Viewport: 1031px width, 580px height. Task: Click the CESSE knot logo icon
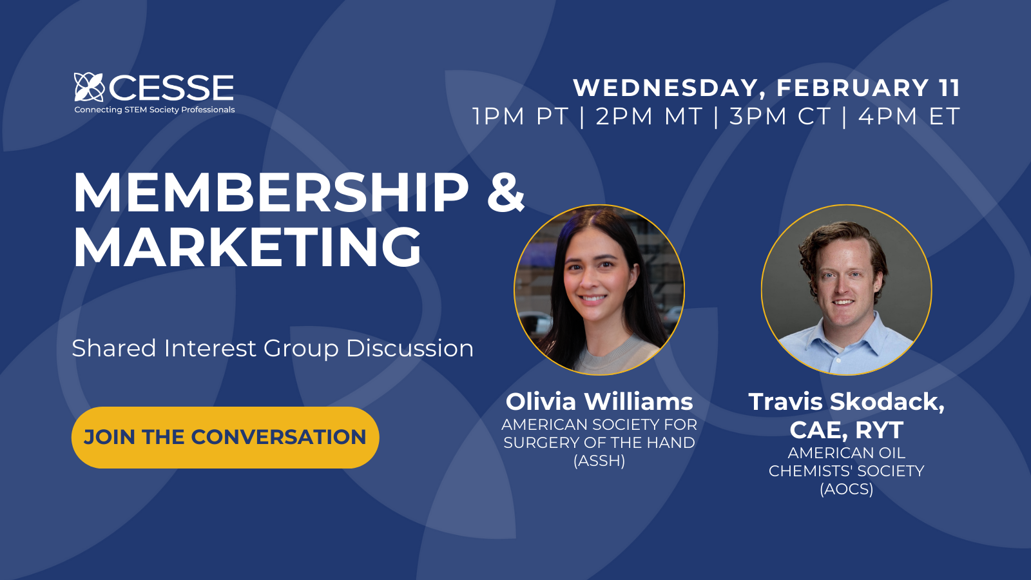pyautogui.click(x=89, y=87)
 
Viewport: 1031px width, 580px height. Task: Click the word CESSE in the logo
pyautogui.click(x=171, y=88)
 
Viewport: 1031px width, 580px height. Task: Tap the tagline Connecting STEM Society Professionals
pyautogui.click(x=155, y=110)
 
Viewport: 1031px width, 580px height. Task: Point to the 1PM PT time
pyautogui.click(x=521, y=117)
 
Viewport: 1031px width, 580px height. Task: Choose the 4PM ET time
pyautogui.click(x=909, y=117)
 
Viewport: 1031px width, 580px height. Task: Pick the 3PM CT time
pyautogui.click(x=780, y=117)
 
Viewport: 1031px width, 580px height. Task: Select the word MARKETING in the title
pyautogui.click(x=247, y=247)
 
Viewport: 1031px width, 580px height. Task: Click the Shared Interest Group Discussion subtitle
pyautogui.click(x=273, y=349)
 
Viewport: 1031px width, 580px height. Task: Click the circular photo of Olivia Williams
pyautogui.click(x=599, y=290)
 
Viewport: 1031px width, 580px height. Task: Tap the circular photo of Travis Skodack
pyautogui.click(x=847, y=290)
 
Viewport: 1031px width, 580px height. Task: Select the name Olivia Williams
pyautogui.click(x=599, y=401)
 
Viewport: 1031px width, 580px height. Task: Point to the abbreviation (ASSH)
pyautogui.click(x=599, y=461)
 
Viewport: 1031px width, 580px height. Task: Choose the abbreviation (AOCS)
pyautogui.click(x=847, y=489)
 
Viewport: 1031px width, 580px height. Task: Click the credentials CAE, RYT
pyautogui.click(x=847, y=430)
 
